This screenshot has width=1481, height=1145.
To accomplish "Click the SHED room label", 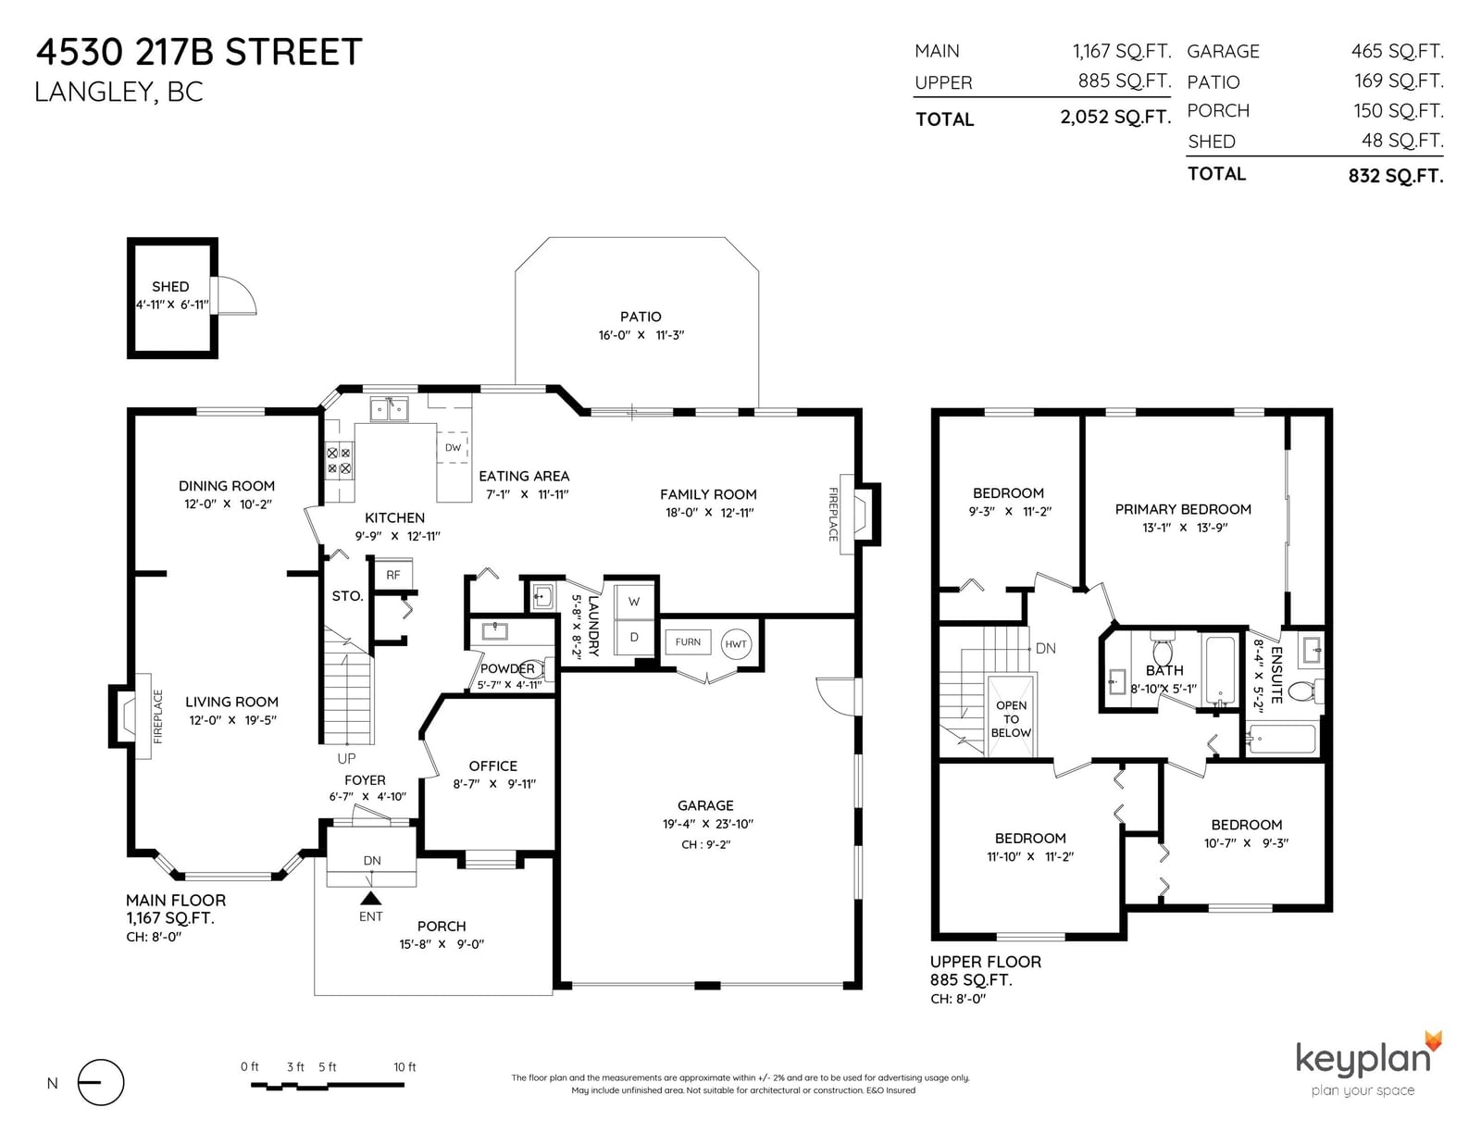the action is pyautogui.click(x=170, y=287).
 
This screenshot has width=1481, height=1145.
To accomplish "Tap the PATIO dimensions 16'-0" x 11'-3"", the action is pyautogui.click(x=641, y=335).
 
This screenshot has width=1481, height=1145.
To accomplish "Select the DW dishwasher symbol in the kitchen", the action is pyautogui.click(x=454, y=447).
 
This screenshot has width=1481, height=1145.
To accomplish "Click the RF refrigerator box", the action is pyautogui.click(x=393, y=575).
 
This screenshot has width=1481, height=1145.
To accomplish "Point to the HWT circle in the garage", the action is pyautogui.click(x=735, y=644).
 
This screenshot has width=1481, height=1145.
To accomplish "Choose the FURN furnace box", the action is pyautogui.click(x=688, y=642).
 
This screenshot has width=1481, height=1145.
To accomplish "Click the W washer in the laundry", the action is pyautogui.click(x=634, y=601).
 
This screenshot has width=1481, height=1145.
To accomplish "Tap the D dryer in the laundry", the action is pyautogui.click(x=634, y=637).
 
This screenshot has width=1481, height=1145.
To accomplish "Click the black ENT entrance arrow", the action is pyautogui.click(x=371, y=897).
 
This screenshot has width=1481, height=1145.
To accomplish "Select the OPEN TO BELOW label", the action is pyautogui.click(x=1011, y=719).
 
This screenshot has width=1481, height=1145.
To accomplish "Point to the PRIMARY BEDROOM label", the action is pyautogui.click(x=1183, y=509).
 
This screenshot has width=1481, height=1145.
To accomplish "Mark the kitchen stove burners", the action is pyautogui.click(x=339, y=460).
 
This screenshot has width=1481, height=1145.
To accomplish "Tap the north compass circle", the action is pyautogui.click(x=101, y=1082).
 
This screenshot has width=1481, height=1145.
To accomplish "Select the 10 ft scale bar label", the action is pyautogui.click(x=404, y=1067).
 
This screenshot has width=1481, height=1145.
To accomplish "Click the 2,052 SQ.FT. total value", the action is pyautogui.click(x=1115, y=118).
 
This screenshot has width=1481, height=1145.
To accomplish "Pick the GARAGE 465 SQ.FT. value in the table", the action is pyautogui.click(x=1397, y=51).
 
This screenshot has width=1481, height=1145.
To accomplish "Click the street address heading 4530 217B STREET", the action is pyautogui.click(x=199, y=53).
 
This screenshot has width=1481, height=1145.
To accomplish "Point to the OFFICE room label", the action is pyautogui.click(x=492, y=766).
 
